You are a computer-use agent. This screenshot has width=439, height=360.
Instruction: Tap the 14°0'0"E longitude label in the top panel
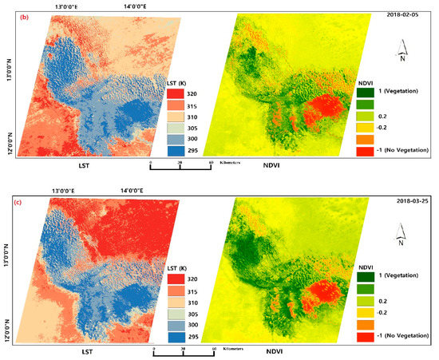coord(140,7)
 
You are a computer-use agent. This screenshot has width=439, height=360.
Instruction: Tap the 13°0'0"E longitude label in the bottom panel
coord(69,191)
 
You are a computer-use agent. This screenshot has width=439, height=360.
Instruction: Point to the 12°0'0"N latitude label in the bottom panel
coord(8,327)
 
